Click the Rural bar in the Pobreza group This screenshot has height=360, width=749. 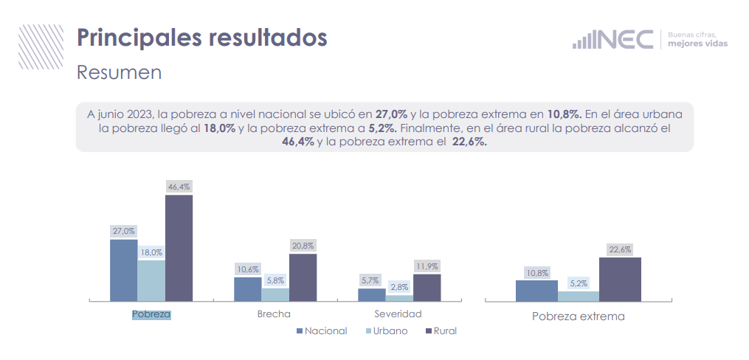click(x=179, y=248)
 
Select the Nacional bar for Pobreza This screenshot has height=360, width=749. click(x=123, y=270)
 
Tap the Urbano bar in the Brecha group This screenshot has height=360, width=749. click(x=275, y=294)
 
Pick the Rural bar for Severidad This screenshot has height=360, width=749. click(x=427, y=288)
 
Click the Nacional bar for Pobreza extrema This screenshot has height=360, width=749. click(x=536, y=291)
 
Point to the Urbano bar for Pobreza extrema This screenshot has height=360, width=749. click(x=578, y=296)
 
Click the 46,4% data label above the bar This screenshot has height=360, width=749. click(x=179, y=187)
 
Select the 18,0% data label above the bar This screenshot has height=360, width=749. click(x=151, y=252)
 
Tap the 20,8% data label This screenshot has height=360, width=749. click(x=303, y=246)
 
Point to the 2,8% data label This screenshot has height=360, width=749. click(x=400, y=287)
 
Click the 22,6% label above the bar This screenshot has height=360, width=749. click(x=620, y=249)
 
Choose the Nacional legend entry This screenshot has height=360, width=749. click(x=322, y=331)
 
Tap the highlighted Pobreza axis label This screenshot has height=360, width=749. click(x=151, y=314)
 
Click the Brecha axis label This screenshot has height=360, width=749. click(x=275, y=314)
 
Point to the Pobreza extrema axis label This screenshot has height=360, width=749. click(x=578, y=316)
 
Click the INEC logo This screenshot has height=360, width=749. click(x=612, y=39)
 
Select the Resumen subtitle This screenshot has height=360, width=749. click(x=119, y=73)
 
